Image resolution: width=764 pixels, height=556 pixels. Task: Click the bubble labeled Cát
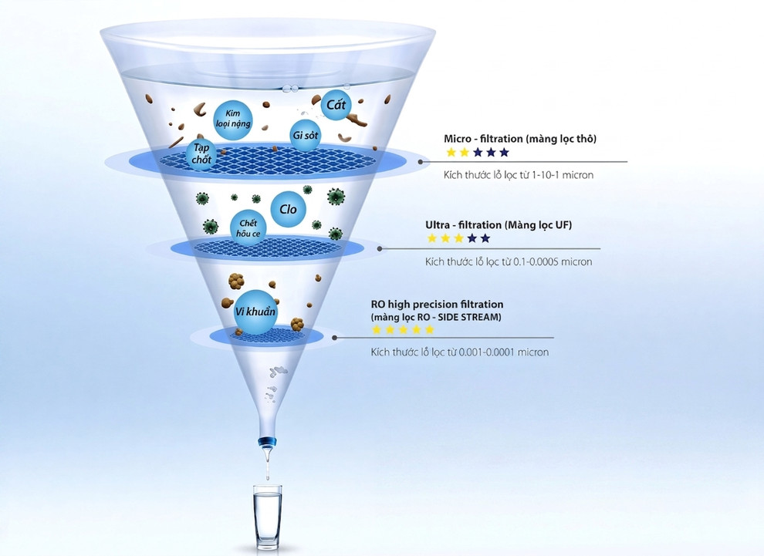(336, 105)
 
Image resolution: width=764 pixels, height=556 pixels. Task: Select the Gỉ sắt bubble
(305, 135)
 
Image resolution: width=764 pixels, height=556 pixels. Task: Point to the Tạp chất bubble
(201, 154)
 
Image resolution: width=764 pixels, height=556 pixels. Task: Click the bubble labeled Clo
(288, 209)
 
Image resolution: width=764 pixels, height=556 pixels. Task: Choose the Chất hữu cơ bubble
(248, 228)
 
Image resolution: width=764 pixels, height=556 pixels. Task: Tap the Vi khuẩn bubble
(255, 312)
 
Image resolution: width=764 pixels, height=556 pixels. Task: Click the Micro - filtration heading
(520, 139)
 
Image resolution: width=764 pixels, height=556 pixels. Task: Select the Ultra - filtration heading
(499, 225)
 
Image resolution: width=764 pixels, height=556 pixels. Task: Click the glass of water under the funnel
(267, 517)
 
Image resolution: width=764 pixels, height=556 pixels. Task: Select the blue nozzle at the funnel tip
(267, 442)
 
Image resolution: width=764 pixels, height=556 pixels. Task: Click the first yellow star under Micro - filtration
(451, 153)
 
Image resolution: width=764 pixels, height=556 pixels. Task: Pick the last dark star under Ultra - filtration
(485, 238)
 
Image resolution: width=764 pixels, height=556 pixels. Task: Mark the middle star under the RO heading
(403, 329)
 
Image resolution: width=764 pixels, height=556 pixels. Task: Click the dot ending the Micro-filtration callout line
(421, 162)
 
